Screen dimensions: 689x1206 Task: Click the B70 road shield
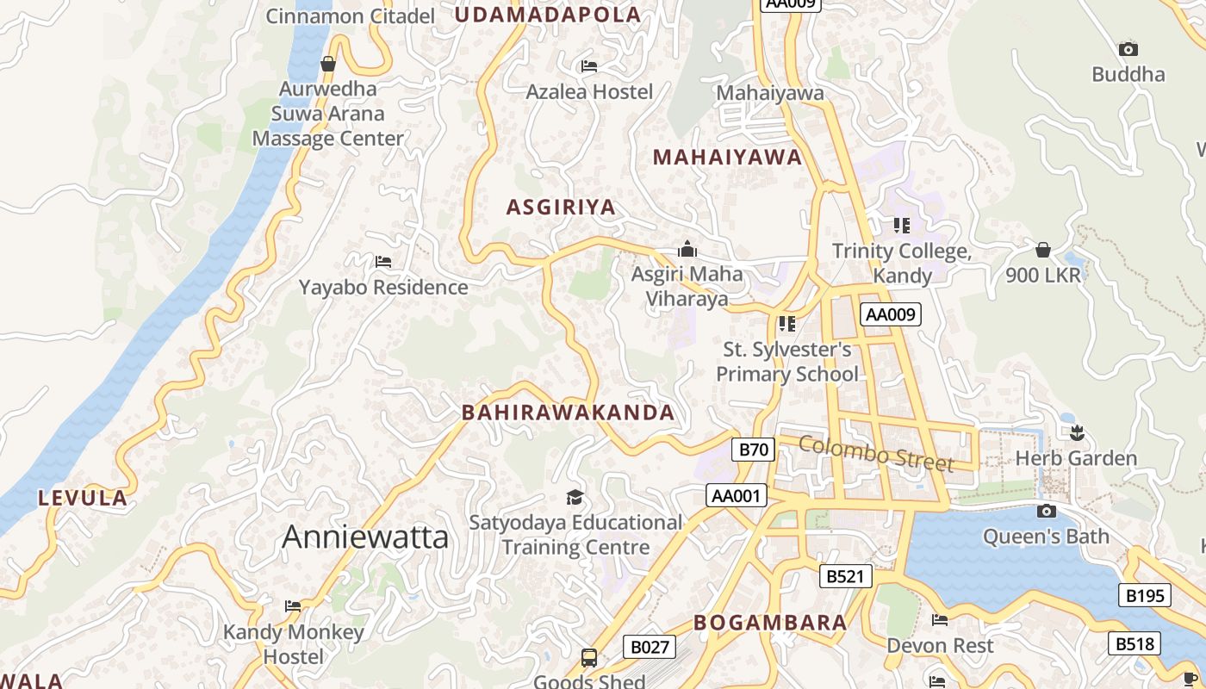(754, 450)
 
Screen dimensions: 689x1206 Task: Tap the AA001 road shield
(737, 495)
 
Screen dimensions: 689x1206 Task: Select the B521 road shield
(844, 576)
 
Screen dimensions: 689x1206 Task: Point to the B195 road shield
(1145, 595)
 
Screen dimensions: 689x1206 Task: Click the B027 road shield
(649, 648)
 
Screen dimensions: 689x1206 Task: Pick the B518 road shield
(1134, 643)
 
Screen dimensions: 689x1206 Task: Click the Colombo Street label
(876, 453)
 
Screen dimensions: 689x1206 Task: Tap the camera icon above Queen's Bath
(1046, 512)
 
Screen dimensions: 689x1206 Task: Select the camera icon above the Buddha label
(1128, 50)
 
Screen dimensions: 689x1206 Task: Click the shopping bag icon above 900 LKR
(1043, 251)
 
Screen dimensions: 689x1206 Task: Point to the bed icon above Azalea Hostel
(589, 66)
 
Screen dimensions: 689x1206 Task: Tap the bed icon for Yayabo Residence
(383, 262)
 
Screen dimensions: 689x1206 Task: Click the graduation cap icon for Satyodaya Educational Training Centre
(575, 497)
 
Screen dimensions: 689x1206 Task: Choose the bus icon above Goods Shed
(589, 658)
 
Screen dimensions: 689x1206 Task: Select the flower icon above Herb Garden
(1076, 432)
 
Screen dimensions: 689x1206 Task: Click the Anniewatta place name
(365, 537)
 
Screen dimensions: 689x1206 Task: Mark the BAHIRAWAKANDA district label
(569, 413)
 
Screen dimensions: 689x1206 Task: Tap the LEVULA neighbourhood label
(83, 498)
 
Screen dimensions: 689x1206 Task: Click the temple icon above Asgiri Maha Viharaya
(687, 250)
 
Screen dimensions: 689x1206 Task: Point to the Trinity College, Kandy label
(902, 264)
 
